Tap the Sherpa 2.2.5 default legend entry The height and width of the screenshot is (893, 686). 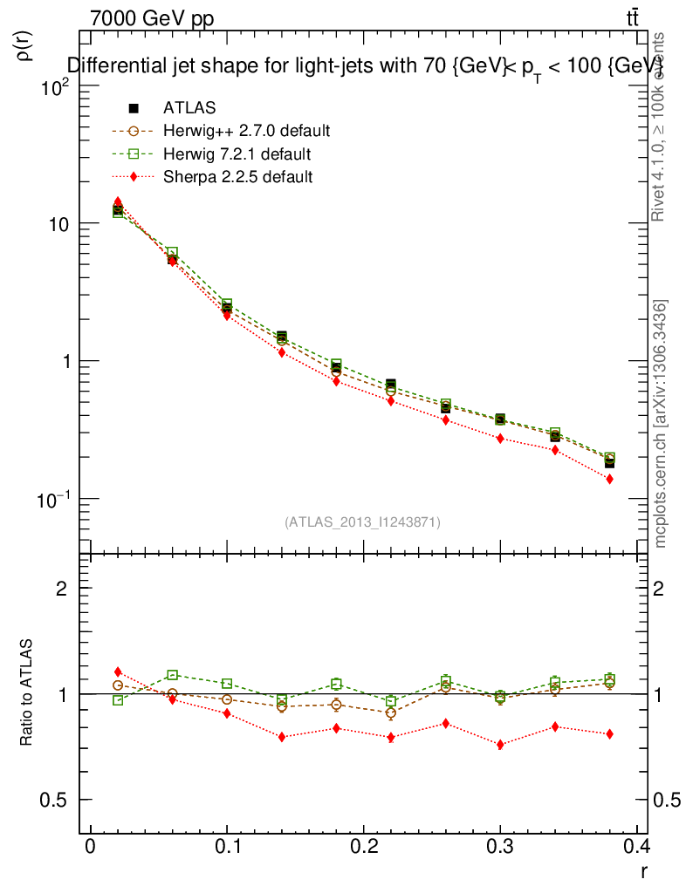237,177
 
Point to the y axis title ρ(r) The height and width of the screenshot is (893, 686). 25,45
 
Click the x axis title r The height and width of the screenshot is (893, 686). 644,869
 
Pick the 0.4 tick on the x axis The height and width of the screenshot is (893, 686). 636,846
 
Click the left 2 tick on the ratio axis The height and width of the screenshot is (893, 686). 62,589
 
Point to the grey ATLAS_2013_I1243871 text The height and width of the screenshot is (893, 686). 362,522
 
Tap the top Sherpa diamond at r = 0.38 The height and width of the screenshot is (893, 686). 609,479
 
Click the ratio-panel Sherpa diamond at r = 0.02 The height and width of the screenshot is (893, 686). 118,671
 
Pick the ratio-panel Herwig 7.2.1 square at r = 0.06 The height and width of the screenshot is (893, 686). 173,675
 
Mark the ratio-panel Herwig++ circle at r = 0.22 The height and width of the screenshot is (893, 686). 390,713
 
